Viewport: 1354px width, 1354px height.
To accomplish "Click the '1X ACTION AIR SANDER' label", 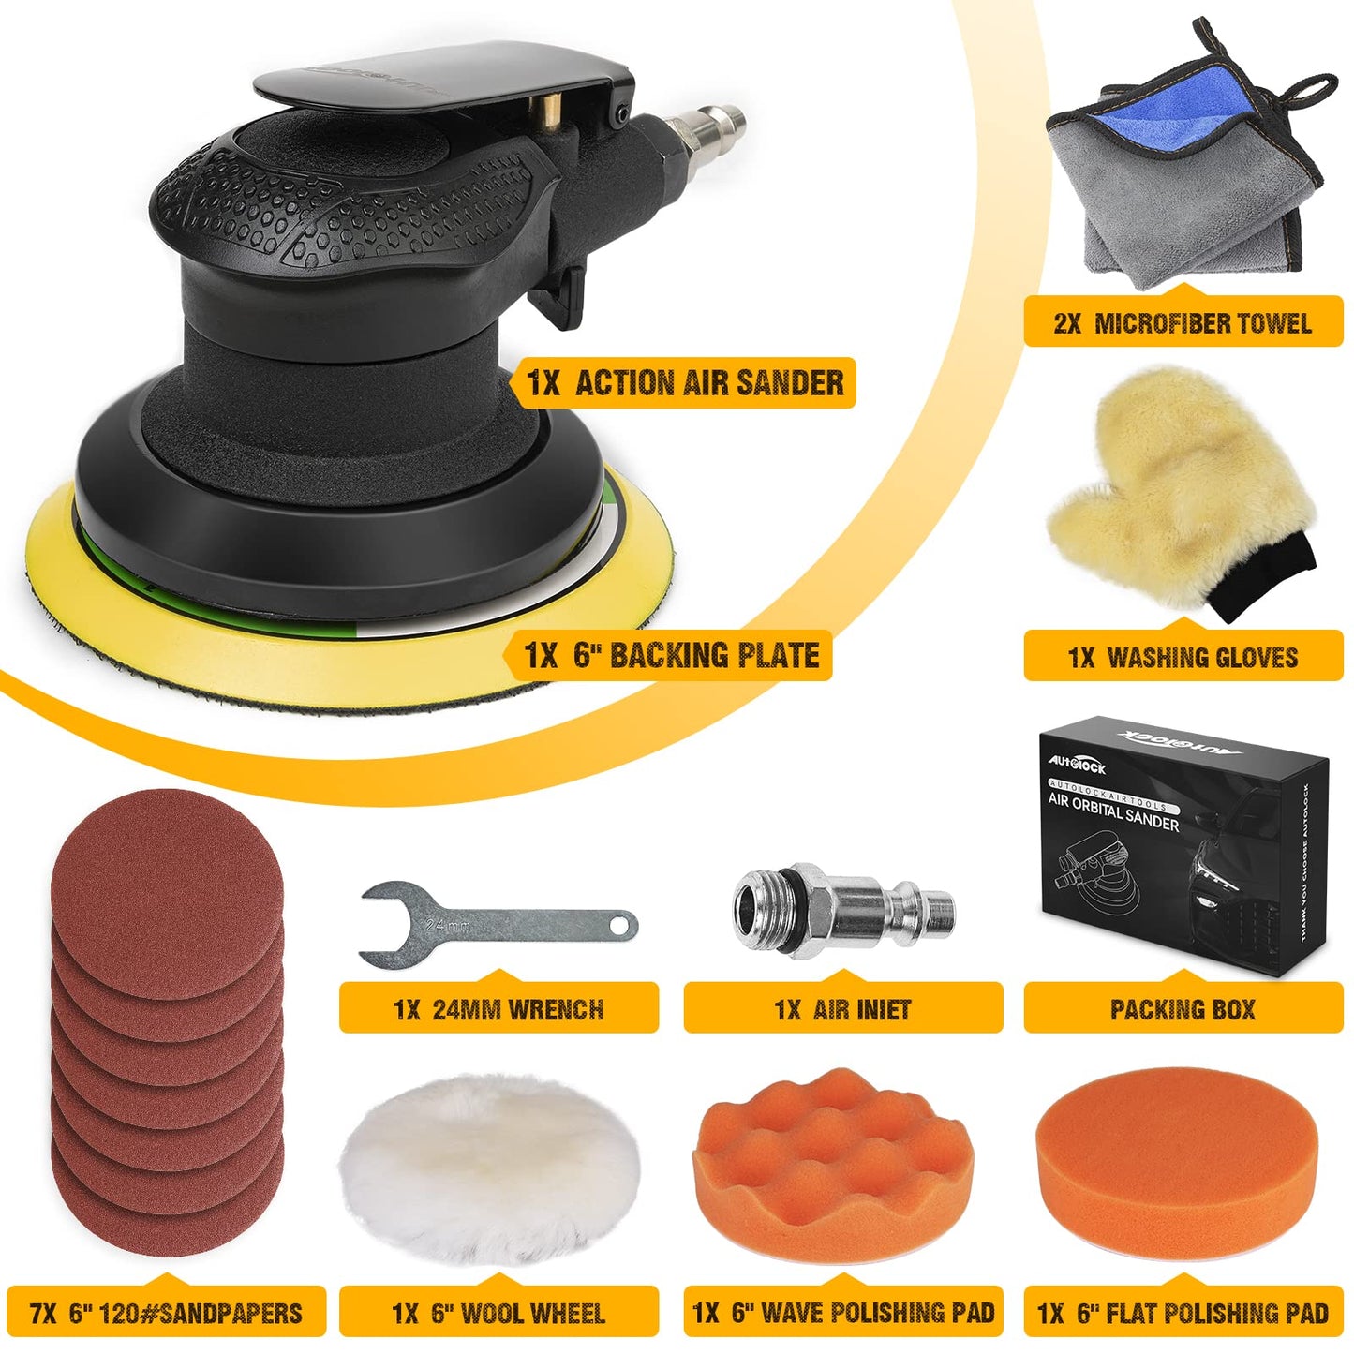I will tap(685, 382).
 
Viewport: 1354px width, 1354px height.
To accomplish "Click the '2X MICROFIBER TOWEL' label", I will tap(1183, 323).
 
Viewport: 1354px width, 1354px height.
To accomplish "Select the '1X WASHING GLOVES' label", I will tap(1183, 657).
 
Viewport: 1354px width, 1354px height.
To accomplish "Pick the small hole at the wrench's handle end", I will tap(618, 925).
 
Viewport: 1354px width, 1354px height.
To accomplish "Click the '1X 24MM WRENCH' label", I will tap(498, 1009).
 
